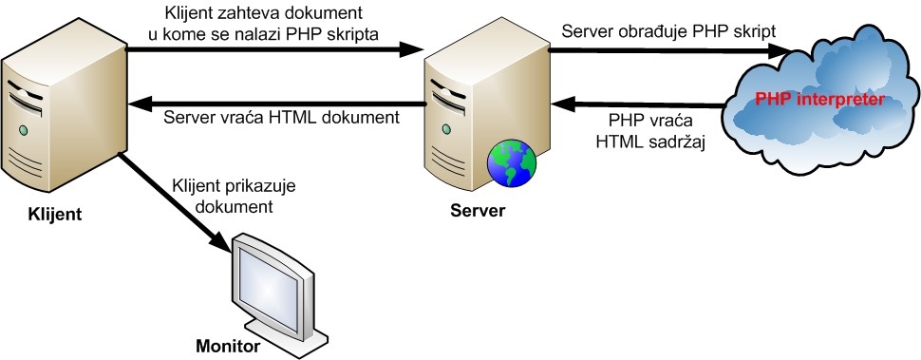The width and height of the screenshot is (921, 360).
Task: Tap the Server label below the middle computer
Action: [x=479, y=209]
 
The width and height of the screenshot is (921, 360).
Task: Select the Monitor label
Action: [x=227, y=346]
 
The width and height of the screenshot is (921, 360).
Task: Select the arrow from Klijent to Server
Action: [x=275, y=49]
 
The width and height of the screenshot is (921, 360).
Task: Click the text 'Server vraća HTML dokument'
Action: [x=280, y=118]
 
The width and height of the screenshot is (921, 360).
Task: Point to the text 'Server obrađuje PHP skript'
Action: [x=668, y=30]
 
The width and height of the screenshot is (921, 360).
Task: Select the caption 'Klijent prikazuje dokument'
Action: [x=222, y=195]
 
